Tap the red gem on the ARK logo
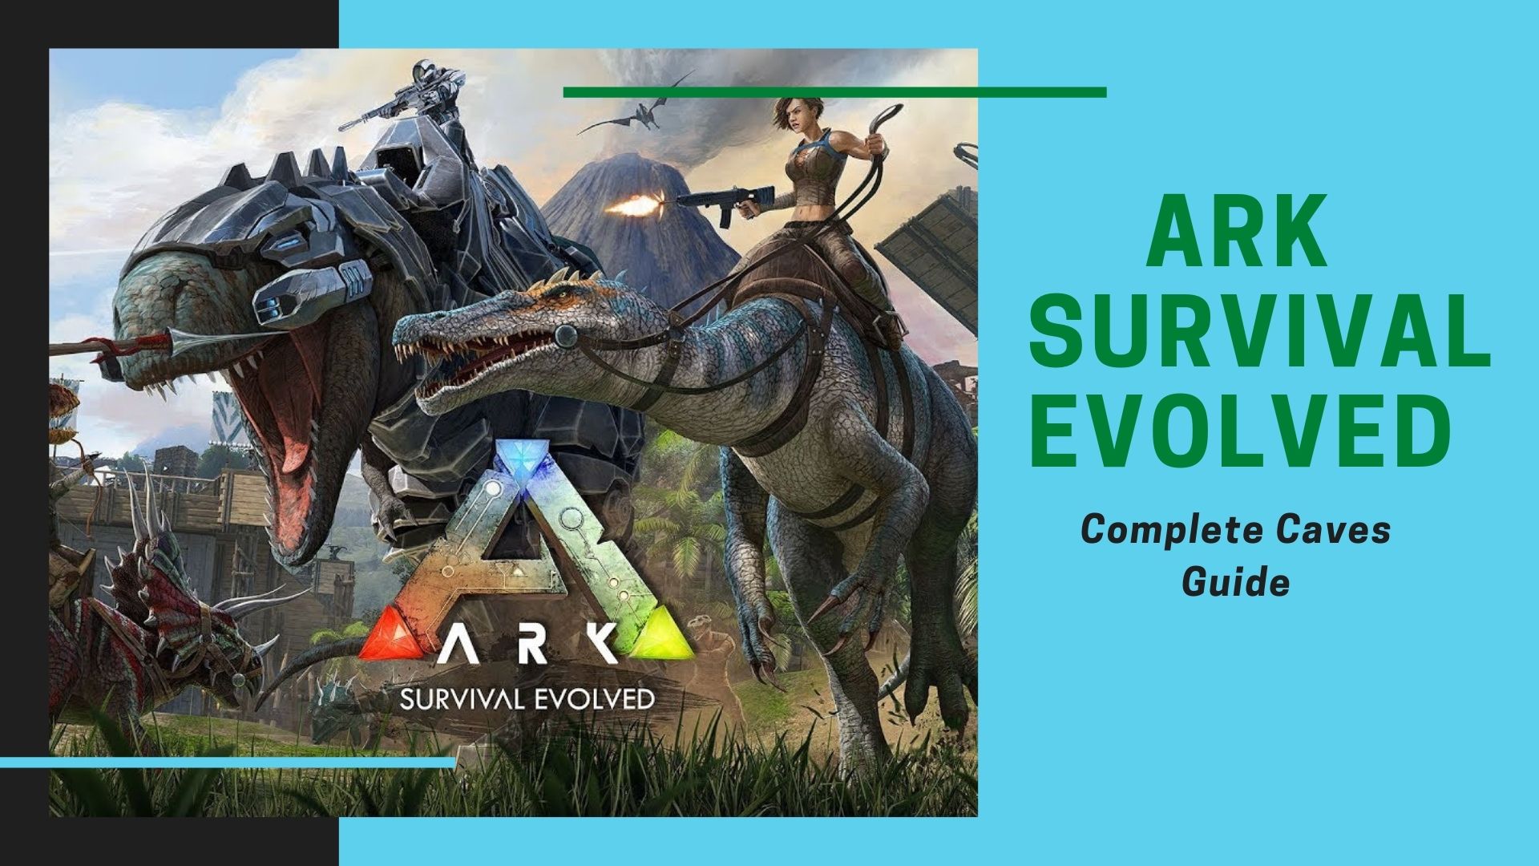384,638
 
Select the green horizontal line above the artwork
834,92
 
